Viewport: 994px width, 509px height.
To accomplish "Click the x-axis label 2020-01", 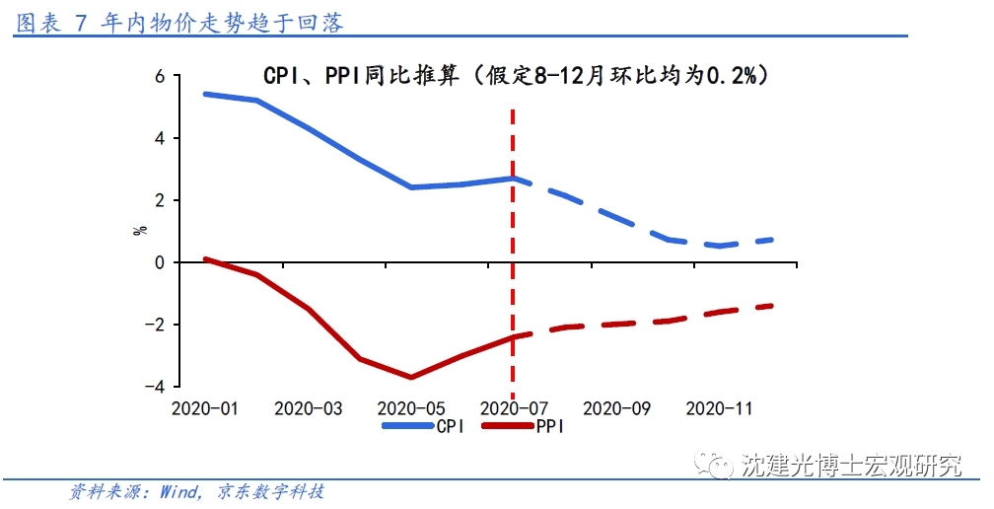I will (x=204, y=407).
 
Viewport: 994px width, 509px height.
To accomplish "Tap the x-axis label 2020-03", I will (x=308, y=407).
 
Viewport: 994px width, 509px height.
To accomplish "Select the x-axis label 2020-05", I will (x=410, y=407).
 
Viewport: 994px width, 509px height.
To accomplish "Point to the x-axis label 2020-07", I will (x=513, y=407).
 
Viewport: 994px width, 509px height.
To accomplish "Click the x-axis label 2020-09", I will (x=616, y=407).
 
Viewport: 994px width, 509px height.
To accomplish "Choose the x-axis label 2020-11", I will (x=719, y=407).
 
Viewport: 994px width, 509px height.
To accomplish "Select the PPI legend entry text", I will (x=550, y=426).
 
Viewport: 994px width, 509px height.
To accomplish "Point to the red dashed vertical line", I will (x=513, y=247).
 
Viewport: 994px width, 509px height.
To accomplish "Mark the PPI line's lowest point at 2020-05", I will (x=410, y=377).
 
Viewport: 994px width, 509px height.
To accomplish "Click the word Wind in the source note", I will (x=180, y=491).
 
